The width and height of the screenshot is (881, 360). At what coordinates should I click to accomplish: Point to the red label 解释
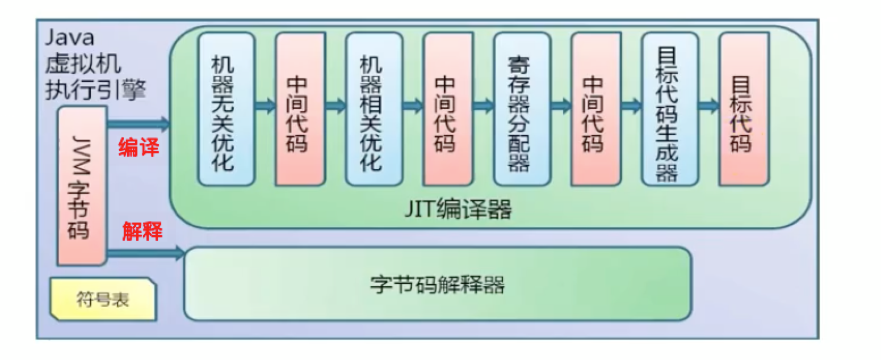point(142,232)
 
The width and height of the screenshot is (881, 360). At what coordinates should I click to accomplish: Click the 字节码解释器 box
point(437,284)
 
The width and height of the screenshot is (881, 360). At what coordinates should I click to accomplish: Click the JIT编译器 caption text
point(458,210)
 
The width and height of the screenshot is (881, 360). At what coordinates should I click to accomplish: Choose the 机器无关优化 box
point(226,109)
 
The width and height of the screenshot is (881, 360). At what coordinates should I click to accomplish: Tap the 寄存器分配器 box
point(521,109)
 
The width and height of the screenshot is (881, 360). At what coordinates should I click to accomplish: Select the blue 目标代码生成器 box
point(669,109)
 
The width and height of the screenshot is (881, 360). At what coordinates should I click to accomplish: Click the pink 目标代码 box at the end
point(743,109)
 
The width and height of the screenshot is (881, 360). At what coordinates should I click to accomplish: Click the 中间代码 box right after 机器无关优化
point(300,109)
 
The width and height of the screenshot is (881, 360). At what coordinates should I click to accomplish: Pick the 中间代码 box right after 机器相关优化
point(447,109)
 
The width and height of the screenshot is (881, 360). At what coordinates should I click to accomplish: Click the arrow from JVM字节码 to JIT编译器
point(139,123)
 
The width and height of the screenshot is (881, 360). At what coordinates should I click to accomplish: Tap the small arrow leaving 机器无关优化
point(265,106)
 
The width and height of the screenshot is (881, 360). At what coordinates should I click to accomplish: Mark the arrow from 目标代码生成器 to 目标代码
point(708,106)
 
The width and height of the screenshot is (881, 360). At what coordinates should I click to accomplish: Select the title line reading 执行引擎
point(95,90)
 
